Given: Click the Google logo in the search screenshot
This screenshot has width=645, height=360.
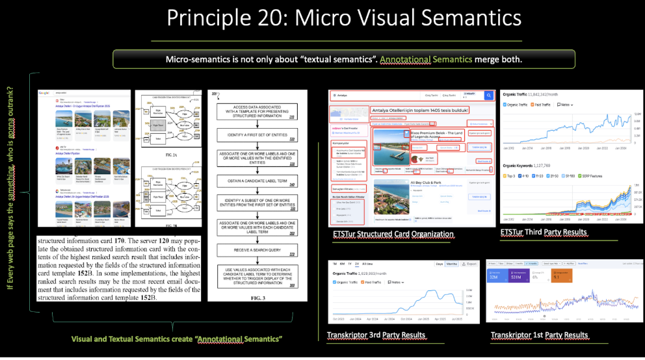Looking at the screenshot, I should (x=46, y=93).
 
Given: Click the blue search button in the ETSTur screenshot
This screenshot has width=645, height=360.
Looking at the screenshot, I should (x=488, y=96).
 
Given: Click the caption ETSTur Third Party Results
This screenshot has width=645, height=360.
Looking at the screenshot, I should (x=544, y=232).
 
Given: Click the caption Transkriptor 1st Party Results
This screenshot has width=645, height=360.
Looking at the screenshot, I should (x=540, y=335).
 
